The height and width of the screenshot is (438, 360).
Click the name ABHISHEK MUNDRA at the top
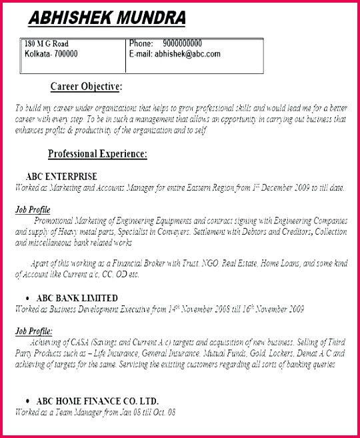coord(107,18)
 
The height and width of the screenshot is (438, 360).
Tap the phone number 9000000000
coord(182,44)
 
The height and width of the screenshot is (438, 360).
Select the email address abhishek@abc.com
coord(187,54)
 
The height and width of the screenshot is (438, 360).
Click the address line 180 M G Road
coord(46,44)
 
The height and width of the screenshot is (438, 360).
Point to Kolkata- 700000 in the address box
coord(51,54)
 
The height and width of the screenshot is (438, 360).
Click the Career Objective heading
coord(87,87)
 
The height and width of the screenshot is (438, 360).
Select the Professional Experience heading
coord(97,154)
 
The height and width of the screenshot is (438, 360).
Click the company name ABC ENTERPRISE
coord(61,177)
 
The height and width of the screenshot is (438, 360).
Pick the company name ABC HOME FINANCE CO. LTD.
coord(96,401)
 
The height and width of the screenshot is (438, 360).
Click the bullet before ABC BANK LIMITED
coord(27,298)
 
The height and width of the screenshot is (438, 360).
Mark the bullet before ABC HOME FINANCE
coord(27,401)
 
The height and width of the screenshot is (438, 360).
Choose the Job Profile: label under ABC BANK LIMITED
coord(33,331)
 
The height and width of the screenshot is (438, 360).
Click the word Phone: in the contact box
coord(141,44)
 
